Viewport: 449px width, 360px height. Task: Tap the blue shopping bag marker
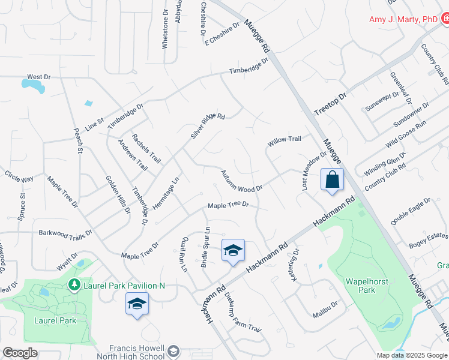[x=331, y=180]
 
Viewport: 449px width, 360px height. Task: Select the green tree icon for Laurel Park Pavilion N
[x=74, y=284]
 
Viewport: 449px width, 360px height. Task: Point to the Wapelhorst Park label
[x=366, y=286]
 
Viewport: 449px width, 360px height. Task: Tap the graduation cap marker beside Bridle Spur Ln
[x=233, y=251]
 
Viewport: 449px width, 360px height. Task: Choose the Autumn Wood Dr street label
[x=241, y=181]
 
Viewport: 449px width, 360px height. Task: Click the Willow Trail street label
[x=285, y=139]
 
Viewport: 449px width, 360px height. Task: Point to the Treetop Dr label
[x=331, y=104]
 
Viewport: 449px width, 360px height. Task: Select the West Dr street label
[x=39, y=77]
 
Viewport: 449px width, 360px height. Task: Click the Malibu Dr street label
[x=325, y=310]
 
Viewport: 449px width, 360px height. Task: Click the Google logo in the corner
[x=20, y=353]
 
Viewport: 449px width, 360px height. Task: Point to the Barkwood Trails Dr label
[x=65, y=232]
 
